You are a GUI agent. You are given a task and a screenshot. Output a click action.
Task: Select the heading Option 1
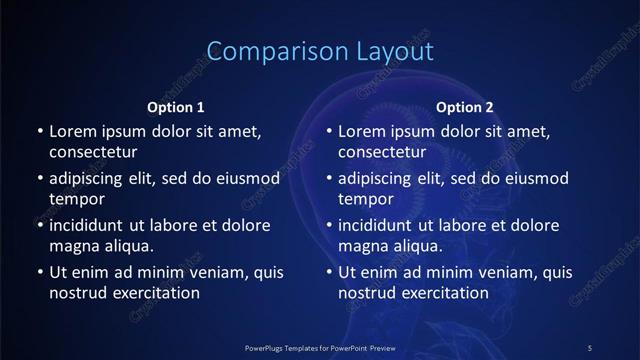[x=176, y=107]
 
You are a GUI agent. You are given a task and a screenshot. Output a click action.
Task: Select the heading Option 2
[x=465, y=107]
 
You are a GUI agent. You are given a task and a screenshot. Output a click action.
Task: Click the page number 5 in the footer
[x=589, y=347]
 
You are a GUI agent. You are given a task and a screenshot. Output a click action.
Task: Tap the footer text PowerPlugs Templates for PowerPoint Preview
[x=320, y=347]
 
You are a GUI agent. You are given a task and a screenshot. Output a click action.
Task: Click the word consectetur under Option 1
[x=93, y=153]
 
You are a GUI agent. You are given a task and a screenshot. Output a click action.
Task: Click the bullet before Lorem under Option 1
[x=39, y=132]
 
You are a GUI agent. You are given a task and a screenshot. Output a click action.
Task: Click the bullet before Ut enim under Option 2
[x=329, y=272]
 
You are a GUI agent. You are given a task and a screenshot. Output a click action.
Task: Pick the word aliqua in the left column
[x=126, y=246]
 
